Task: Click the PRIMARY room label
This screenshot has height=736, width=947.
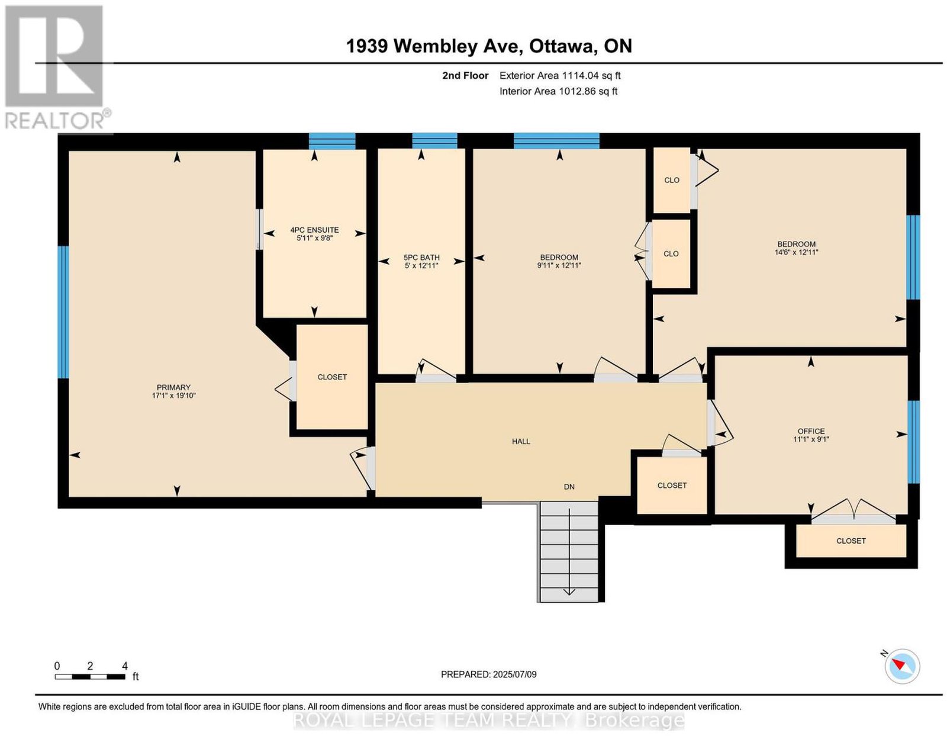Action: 173,387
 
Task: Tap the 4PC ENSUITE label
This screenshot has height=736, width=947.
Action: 314,230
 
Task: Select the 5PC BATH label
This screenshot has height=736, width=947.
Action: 421,258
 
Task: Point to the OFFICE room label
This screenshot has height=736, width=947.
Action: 811,431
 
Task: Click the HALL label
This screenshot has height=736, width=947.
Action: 521,442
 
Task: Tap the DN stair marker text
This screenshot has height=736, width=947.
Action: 569,487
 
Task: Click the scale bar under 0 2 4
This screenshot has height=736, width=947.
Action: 90,677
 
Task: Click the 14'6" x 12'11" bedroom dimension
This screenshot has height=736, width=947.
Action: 796,252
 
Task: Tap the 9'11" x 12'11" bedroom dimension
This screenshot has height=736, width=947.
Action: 559,265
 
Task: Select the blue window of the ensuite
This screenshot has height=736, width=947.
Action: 332,141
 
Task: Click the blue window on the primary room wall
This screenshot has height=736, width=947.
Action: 64,312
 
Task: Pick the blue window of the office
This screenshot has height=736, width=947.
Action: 913,442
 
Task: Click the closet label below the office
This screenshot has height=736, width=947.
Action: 851,541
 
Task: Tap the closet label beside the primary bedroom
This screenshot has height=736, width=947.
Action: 332,377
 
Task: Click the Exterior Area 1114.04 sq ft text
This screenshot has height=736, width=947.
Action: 560,75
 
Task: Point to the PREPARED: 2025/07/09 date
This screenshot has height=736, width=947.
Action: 488,674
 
